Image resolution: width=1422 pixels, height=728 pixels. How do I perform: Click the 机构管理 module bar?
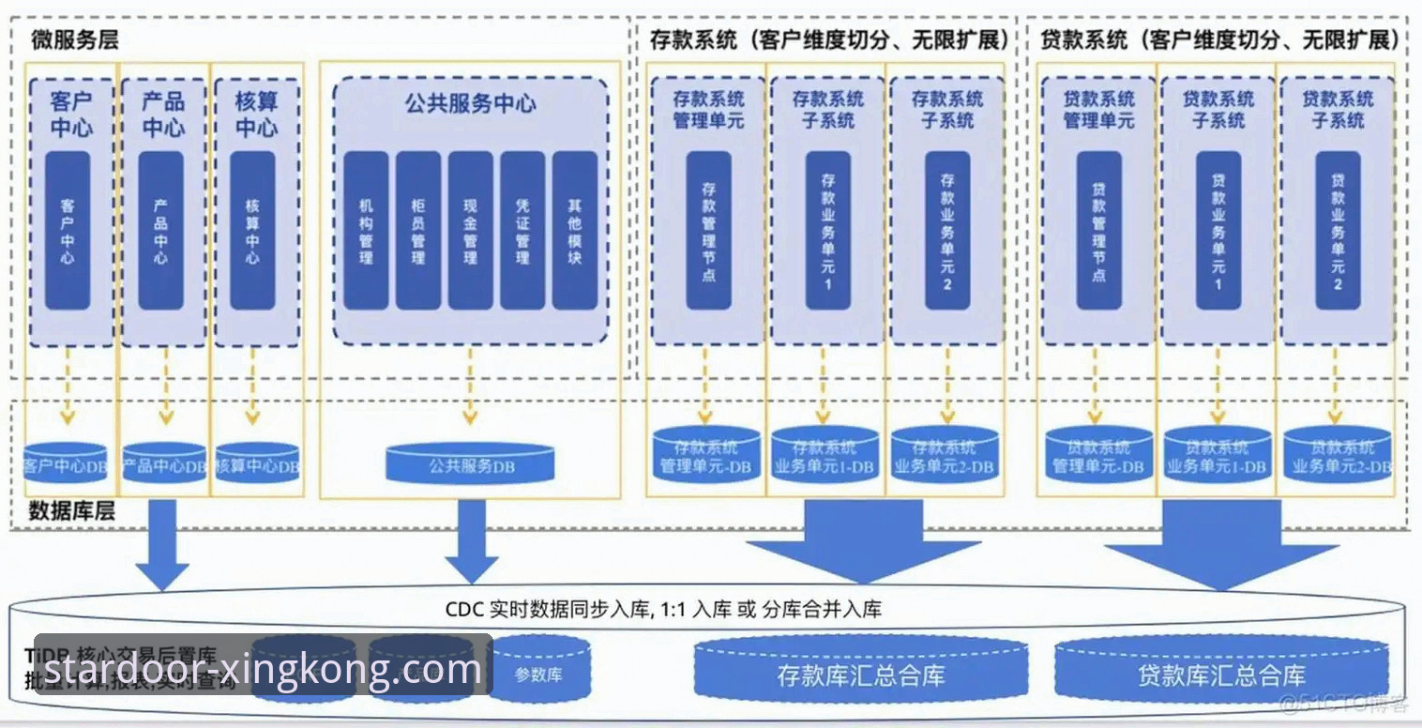(365, 231)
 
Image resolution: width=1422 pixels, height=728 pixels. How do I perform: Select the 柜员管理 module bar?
(417, 231)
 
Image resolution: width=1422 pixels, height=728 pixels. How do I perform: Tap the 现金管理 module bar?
(470, 231)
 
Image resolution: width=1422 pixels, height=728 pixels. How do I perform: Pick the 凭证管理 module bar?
(522, 231)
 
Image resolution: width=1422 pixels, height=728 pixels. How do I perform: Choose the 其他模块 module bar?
(574, 231)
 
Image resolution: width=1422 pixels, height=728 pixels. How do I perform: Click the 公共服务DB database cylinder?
(470, 463)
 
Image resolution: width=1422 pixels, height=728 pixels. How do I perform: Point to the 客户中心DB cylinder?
(67, 463)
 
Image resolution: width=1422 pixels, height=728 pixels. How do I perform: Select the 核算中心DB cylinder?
(256, 463)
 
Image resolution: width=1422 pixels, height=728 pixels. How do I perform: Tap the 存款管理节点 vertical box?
(708, 231)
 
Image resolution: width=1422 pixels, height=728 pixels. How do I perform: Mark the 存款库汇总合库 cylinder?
(860, 672)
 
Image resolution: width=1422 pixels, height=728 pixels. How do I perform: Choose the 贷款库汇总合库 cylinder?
(1221, 672)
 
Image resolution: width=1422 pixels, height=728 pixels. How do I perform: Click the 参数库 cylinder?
(539, 671)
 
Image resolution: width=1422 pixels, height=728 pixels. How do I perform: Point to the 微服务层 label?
(75, 40)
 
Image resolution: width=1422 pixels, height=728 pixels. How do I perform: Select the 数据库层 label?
(71, 511)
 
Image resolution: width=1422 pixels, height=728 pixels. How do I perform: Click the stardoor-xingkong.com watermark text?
(263, 670)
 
